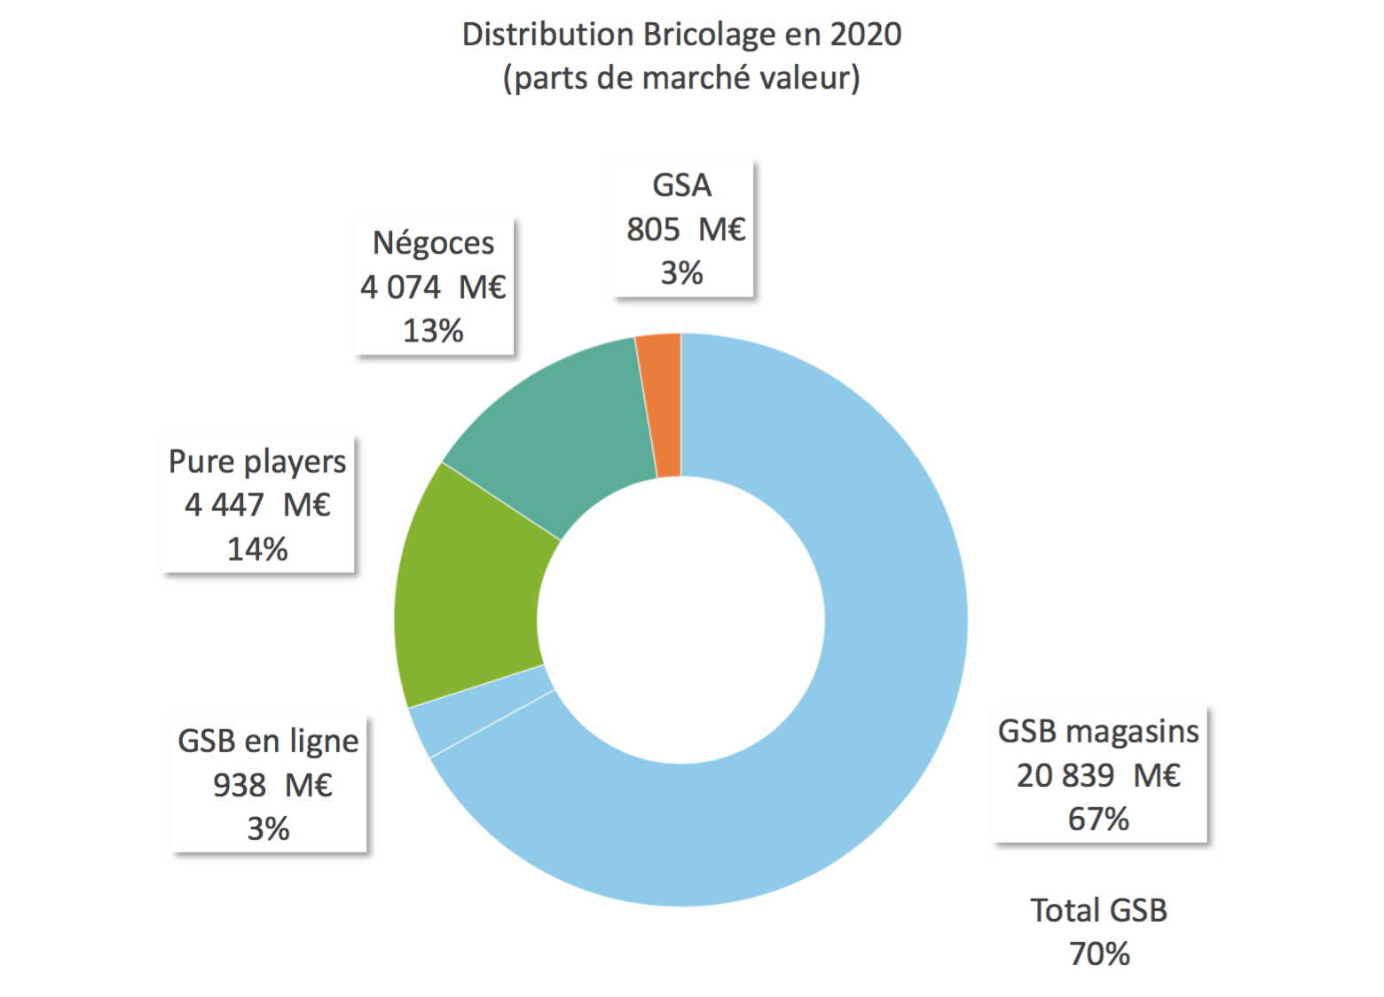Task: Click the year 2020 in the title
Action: pyautogui.click(x=865, y=35)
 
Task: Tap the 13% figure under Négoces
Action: pyautogui.click(x=433, y=331)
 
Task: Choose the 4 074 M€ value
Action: pyautogui.click(x=433, y=287)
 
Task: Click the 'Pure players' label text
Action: pyautogui.click(x=257, y=462)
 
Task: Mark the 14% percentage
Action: pyautogui.click(x=257, y=549)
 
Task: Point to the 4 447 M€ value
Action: pyautogui.click(x=257, y=506)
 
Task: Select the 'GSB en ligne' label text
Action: pyautogui.click(x=268, y=742)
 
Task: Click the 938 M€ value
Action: pyautogui.click(x=271, y=785)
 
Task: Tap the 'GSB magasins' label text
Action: pyautogui.click(x=1098, y=732)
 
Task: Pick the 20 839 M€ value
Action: pyautogui.click(x=1098, y=775)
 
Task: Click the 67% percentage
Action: pyautogui.click(x=1098, y=819)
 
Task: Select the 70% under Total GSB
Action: pyautogui.click(x=1099, y=954)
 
